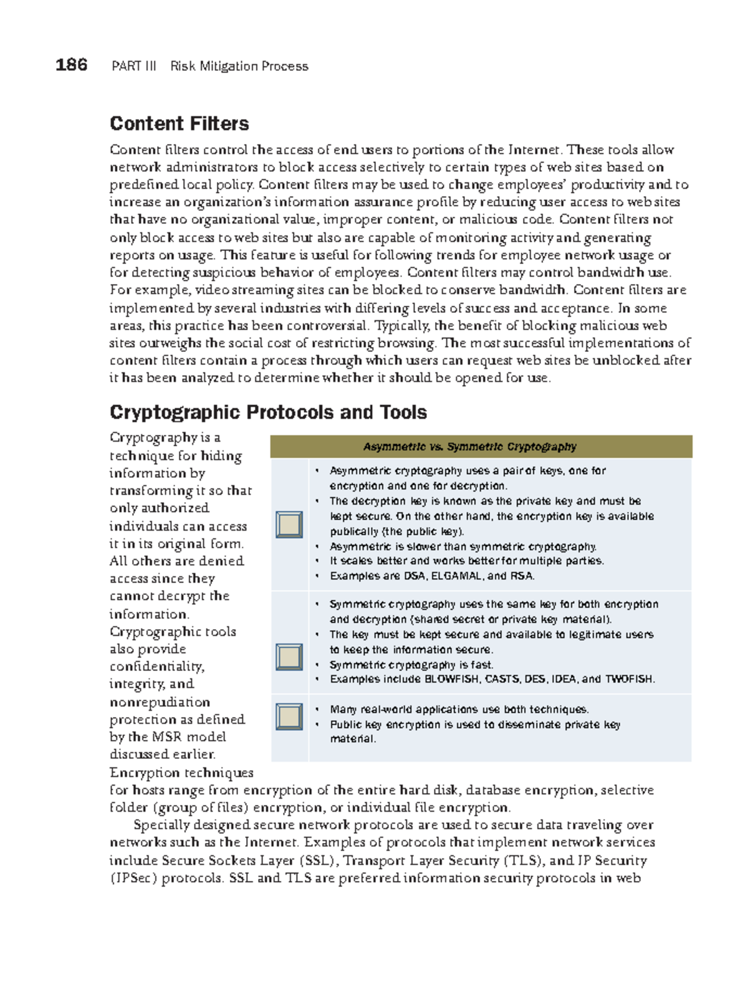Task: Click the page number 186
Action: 71,65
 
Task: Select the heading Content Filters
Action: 179,123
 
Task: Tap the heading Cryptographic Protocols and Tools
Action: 268,412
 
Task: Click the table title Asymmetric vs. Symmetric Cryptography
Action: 469,447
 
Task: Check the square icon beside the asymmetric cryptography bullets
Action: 289,525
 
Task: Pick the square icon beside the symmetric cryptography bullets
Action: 289,657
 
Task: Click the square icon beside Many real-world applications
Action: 289,717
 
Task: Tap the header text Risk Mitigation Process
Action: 239,66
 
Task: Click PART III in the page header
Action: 134,66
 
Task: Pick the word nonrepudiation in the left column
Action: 160,702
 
